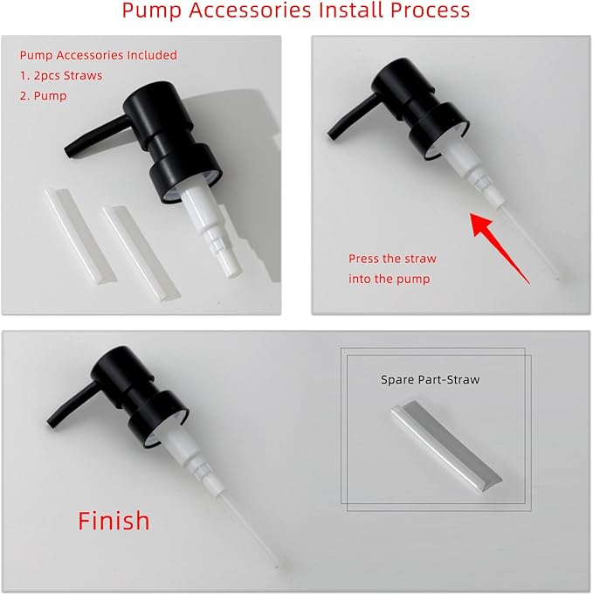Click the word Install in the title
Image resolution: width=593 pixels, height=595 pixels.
tap(350, 10)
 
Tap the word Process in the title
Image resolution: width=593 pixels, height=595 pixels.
tap(430, 10)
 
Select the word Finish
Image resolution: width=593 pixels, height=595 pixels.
tap(114, 521)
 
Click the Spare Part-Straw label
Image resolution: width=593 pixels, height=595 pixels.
tap(431, 379)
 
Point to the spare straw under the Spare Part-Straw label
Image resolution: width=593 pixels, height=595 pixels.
tap(447, 445)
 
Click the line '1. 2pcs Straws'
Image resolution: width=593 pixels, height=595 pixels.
tap(61, 75)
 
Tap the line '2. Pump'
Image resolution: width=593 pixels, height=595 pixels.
tap(44, 95)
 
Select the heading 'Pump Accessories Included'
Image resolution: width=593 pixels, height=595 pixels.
tap(99, 55)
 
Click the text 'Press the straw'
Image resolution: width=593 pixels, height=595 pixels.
tap(393, 259)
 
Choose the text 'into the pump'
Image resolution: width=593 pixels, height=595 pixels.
tap(390, 279)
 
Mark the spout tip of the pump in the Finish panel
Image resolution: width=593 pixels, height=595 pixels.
tap(52, 422)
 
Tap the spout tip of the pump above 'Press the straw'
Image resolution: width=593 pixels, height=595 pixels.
tap(333, 134)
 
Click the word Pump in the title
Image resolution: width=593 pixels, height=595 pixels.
tap(152, 11)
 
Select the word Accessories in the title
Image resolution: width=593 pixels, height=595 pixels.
tap(250, 10)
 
